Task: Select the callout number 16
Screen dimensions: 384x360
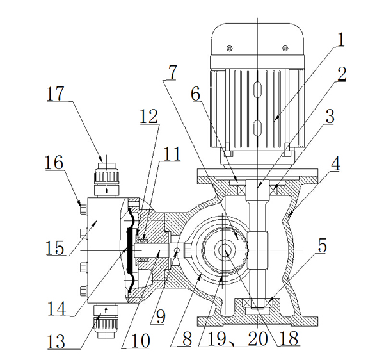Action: tap(54, 163)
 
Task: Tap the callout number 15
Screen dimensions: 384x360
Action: tap(55, 247)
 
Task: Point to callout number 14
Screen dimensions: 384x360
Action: tap(57, 308)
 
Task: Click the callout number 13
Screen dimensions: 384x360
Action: tap(56, 341)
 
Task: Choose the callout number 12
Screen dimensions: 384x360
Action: tap(149, 116)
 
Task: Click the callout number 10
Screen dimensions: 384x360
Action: tap(140, 341)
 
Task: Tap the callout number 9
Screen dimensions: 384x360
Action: tap(161, 317)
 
